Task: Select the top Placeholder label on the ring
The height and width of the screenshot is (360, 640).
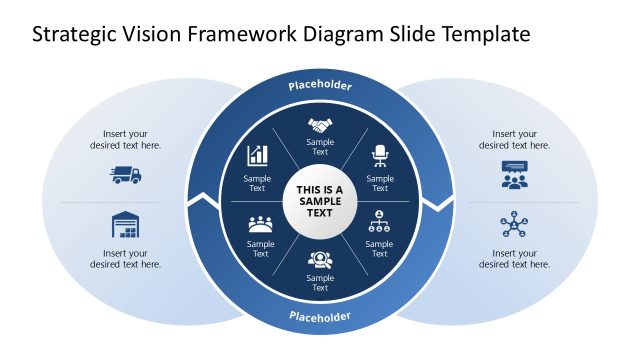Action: [x=320, y=86]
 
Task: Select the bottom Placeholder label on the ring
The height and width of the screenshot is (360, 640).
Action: [x=320, y=317]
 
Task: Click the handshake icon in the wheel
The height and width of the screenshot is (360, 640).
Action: [x=320, y=126]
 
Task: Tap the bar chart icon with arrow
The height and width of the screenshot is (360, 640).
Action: [x=258, y=155]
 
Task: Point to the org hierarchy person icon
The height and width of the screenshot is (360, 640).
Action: [x=380, y=219]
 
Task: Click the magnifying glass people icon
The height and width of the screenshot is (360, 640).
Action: [x=320, y=259]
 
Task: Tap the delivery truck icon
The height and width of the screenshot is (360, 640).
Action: [x=126, y=175]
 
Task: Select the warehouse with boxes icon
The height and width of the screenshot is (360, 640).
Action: [x=126, y=225]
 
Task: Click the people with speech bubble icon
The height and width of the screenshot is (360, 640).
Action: [x=514, y=175]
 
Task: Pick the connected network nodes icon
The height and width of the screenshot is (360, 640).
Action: [x=514, y=225]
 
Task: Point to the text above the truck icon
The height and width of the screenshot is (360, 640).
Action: [x=126, y=139]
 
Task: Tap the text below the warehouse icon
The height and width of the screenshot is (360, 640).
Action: [x=126, y=259]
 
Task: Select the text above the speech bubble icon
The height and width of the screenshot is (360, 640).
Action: [x=514, y=139]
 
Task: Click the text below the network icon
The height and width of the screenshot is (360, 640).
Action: [x=514, y=259]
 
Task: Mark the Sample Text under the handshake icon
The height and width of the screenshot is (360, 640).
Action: [x=320, y=147]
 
